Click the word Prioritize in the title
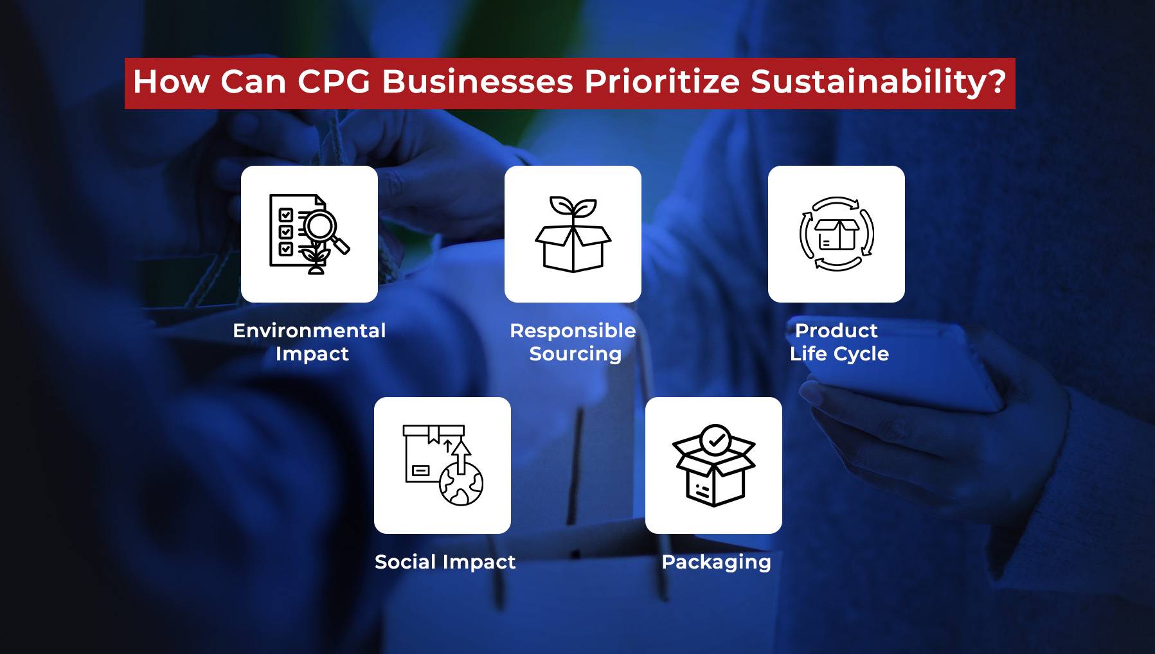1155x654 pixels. point(662,82)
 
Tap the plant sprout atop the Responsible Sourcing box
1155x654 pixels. point(573,209)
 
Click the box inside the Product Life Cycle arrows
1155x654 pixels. point(837,234)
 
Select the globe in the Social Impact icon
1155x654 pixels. point(461,485)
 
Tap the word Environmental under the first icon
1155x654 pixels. point(309,330)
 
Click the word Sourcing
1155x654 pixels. point(575,354)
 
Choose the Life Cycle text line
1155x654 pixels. point(839,354)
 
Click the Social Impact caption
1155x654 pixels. point(445,562)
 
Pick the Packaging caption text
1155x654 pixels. point(716,562)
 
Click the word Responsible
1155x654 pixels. point(573,330)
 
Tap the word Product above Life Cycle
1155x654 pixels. point(836,330)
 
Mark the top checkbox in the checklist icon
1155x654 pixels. point(286,215)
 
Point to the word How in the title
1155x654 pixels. point(172,82)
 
